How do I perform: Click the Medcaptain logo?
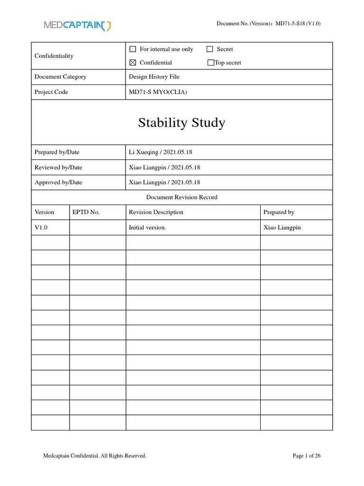click(78, 26)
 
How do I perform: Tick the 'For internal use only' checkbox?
click(133, 49)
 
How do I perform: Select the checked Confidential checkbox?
click(133, 63)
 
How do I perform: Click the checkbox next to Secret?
click(210, 49)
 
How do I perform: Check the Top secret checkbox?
click(211, 63)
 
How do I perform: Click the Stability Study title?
click(182, 123)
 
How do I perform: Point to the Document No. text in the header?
click(268, 24)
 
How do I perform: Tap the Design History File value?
click(154, 76)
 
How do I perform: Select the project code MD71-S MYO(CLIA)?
click(158, 92)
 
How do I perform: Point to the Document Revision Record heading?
click(182, 197)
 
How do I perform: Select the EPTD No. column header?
click(86, 212)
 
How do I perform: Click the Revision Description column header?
click(156, 212)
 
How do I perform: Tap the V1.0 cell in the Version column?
click(41, 227)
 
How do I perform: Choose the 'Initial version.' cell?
click(147, 227)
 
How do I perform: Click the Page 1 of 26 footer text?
click(307, 456)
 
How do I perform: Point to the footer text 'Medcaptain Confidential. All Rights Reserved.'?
click(95, 456)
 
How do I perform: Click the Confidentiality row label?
click(54, 56)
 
